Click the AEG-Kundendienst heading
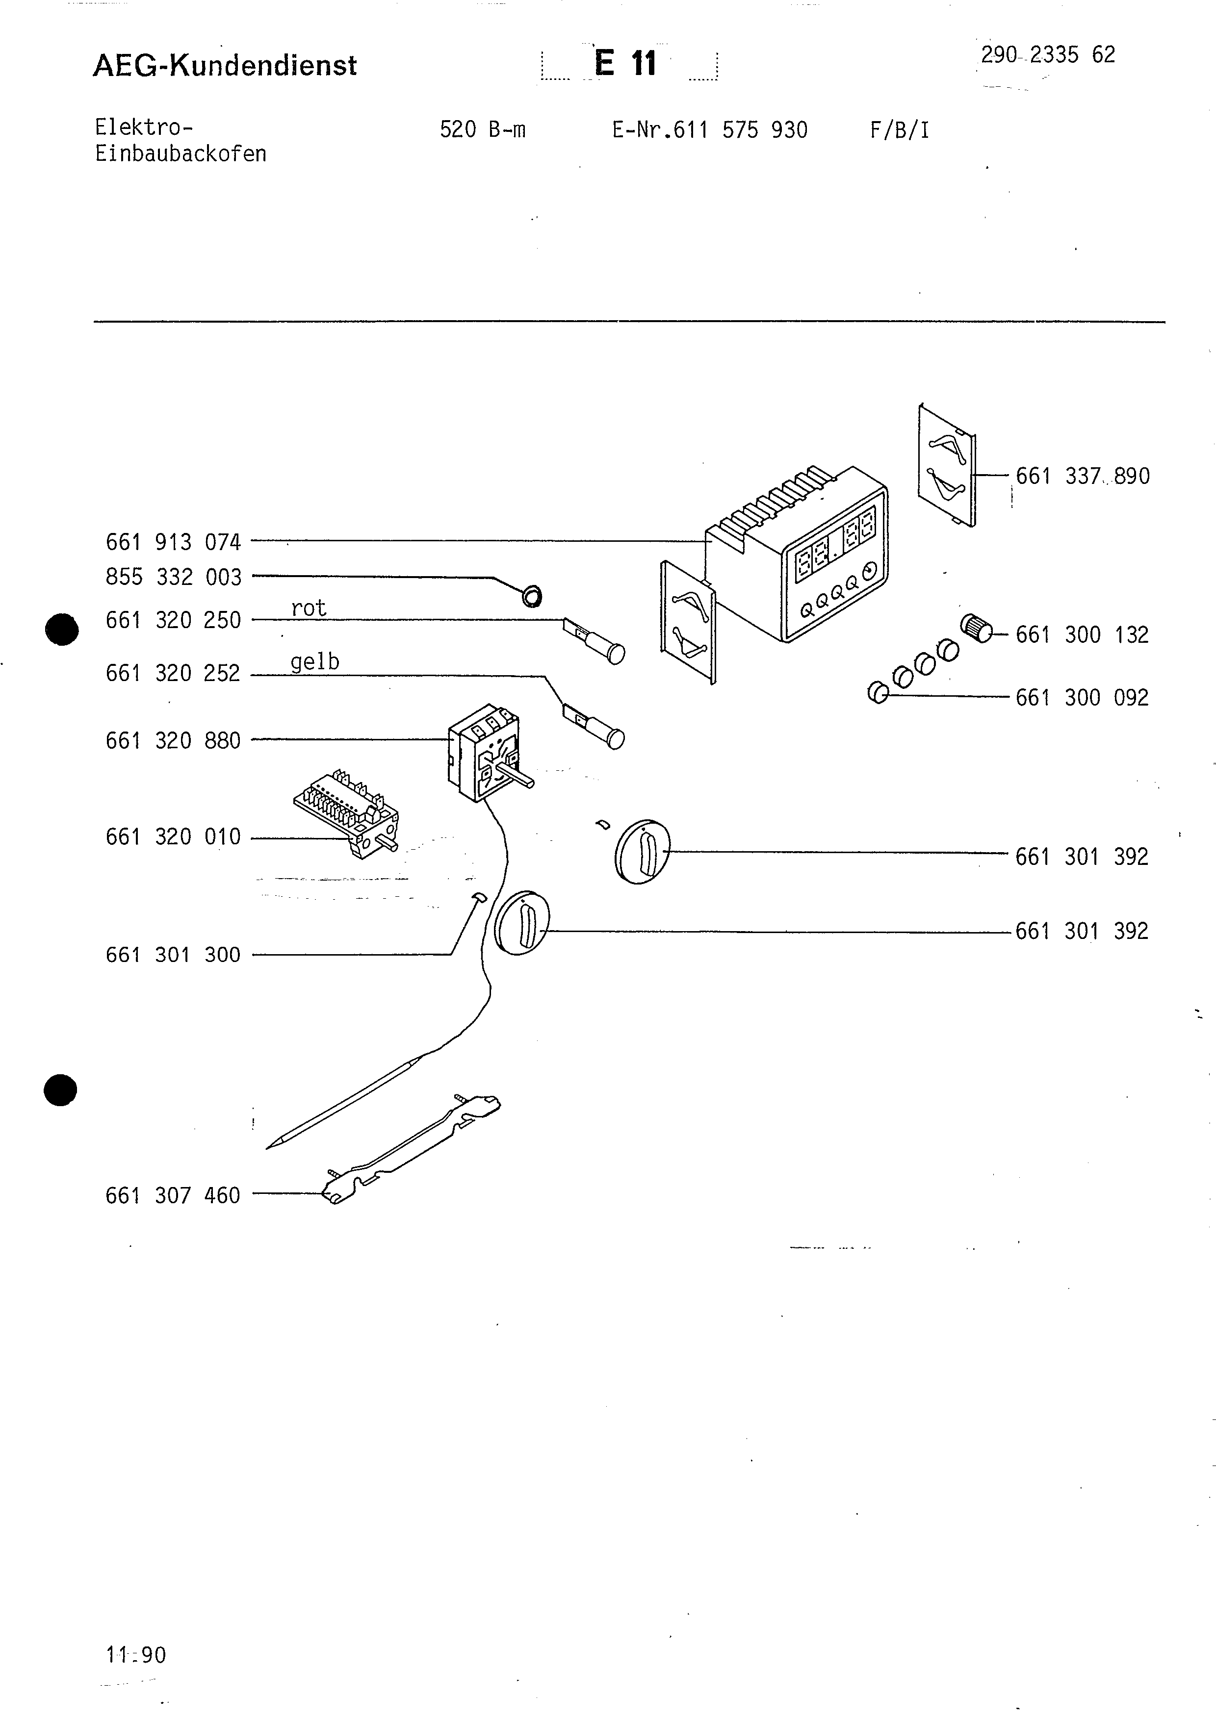click(x=225, y=66)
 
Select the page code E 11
click(x=625, y=64)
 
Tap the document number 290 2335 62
click(x=1047, y=55)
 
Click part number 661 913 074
click(x=173, y=542)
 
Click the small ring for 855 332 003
click(x=532, y=596)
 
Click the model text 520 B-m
click(x=483, y=130)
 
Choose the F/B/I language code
click(x=899, y=130)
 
